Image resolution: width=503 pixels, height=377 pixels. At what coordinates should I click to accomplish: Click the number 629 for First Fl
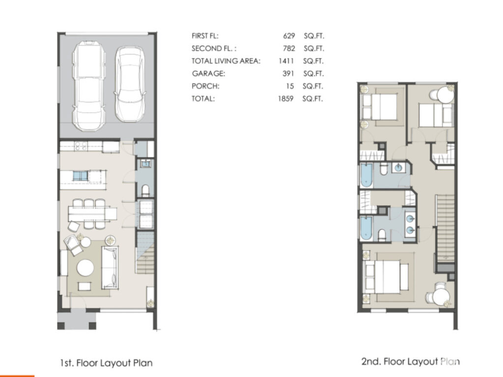tap(289, 36)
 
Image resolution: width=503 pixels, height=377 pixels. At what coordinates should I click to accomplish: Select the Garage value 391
tap(288, 74)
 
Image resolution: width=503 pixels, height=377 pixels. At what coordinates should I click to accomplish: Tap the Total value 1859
tap(285, 98)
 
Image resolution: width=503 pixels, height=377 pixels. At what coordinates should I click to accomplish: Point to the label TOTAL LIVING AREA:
tap(226, 61)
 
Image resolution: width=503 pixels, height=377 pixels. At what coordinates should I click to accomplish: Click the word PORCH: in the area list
tap(205, 86)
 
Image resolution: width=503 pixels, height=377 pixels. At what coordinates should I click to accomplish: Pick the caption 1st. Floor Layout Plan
tap(106, 363)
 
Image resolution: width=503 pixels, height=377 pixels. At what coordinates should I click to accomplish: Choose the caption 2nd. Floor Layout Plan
tap(410, 362)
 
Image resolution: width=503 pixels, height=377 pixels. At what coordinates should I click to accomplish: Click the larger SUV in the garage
tap(89, 85)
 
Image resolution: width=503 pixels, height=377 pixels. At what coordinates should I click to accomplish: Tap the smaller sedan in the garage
tap(129, 84)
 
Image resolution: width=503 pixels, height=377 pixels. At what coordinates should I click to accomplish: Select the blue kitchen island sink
tap(80, 176)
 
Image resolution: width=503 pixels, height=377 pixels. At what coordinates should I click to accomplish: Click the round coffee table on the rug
tap(85, 268)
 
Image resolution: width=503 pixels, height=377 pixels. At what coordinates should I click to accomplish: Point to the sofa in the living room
tap(110, 268)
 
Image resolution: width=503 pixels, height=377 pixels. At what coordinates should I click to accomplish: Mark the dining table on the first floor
tap(92, 214)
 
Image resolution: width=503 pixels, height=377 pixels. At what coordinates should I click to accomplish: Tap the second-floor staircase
tap(445, 228)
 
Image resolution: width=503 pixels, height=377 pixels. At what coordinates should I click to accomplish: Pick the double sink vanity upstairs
tap(410, 224)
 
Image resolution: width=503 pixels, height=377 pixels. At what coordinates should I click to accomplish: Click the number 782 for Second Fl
tap(289, 49)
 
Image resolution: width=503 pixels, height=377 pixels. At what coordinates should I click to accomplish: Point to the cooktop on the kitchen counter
tap(81, 146)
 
